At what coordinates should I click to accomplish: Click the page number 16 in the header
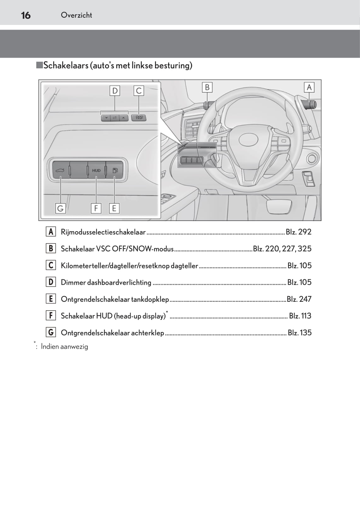(26, 15)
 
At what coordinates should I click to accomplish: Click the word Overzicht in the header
(76, 15)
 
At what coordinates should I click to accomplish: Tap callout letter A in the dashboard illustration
(309, 87)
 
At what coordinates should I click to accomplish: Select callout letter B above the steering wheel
(207, 87)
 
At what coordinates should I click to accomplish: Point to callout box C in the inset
(139, 91)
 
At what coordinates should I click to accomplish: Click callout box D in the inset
(115, 91)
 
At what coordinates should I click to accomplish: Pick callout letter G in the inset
(60, 208)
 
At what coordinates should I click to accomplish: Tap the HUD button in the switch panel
(96, 170)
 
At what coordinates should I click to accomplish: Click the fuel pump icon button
(115, 170)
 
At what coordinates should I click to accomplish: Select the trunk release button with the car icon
(60, 170)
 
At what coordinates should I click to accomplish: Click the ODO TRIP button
(139, 117)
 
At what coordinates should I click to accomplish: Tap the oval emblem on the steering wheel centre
(248, 139)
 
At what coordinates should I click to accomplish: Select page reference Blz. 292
(298, 232)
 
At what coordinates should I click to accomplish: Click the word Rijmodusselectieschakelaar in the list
(103, 232)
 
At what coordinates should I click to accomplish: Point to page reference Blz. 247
(299, 299)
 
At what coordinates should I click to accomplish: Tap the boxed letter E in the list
(51, 299)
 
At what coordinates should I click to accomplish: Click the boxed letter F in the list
(51, 315)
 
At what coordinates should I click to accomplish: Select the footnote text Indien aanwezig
(64, 346)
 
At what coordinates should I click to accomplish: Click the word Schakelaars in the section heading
(66, 66)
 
